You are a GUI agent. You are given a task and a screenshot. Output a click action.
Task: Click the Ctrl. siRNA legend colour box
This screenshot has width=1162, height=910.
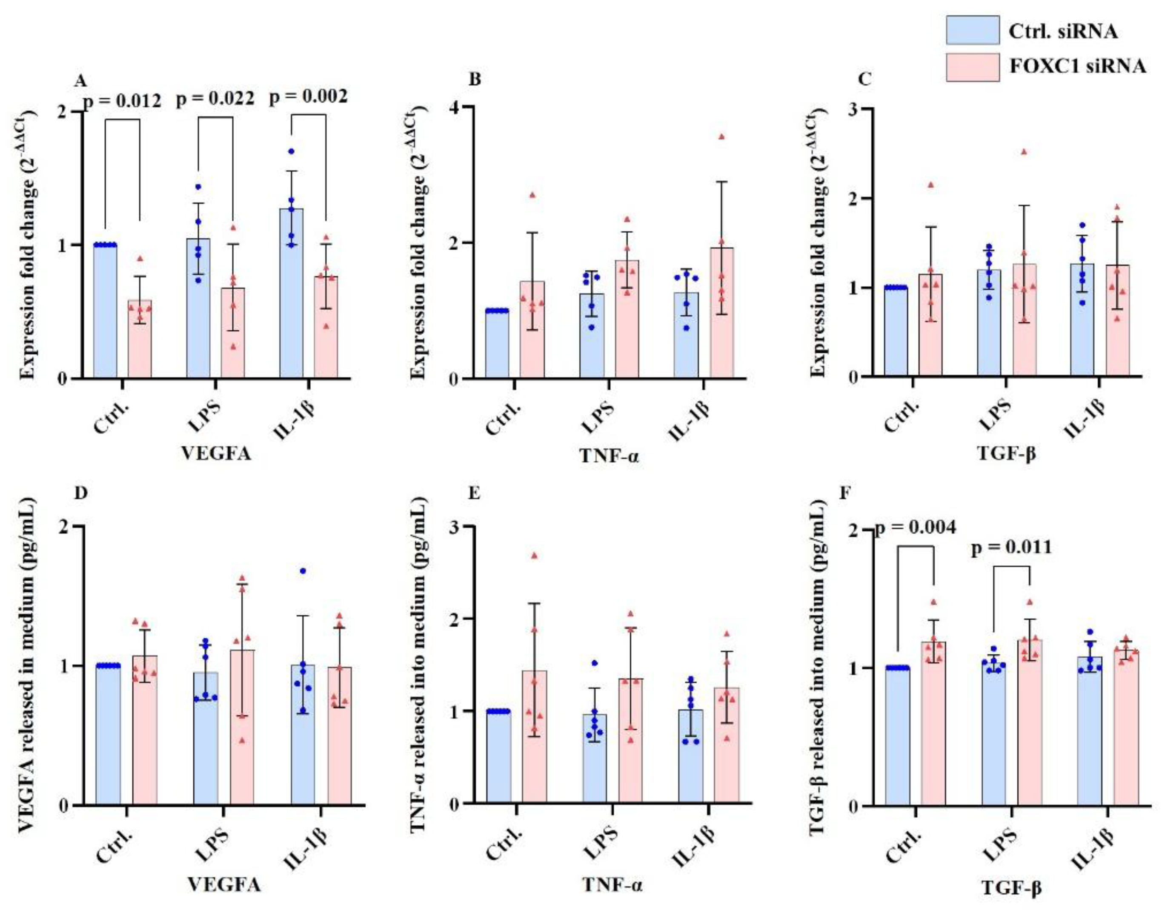point(972,30)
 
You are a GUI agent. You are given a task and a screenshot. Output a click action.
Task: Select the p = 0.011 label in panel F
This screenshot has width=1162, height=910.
point(1011,547)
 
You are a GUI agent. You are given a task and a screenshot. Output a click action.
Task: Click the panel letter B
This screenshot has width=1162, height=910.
point(474,80)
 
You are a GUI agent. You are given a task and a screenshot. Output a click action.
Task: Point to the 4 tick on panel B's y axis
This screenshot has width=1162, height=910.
point(454,106)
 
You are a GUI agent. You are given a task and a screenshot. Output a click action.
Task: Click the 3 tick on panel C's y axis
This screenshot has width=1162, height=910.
point(850,108)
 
